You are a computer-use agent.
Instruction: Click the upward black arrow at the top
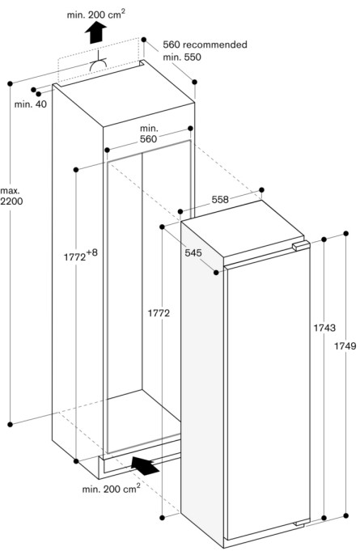click(95, 32)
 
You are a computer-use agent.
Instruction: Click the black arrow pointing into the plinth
click(145, 465)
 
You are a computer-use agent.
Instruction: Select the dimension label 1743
click(324, 328)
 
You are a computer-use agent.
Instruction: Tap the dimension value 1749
click(345, 346)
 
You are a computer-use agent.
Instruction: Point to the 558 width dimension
click(220, 200)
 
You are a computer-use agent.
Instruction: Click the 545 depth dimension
click(193, 252)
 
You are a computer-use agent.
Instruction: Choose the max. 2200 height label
click(11, 196)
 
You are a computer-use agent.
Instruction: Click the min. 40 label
click(31, 104)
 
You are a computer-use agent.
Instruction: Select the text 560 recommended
click(205, 45)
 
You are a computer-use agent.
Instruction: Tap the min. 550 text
click(182, 57)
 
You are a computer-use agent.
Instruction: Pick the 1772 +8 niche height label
click(80, 255)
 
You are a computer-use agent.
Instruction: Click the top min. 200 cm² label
click(96, 14)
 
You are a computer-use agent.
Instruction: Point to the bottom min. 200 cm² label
click(112, 488)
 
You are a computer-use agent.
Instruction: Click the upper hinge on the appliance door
click(301, 246)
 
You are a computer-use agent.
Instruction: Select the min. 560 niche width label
click(149, 134)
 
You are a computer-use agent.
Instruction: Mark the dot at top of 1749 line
click(346, 233)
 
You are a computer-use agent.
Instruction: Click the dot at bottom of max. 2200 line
click(10, 424)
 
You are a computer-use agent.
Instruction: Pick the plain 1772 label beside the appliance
click(159, 313)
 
